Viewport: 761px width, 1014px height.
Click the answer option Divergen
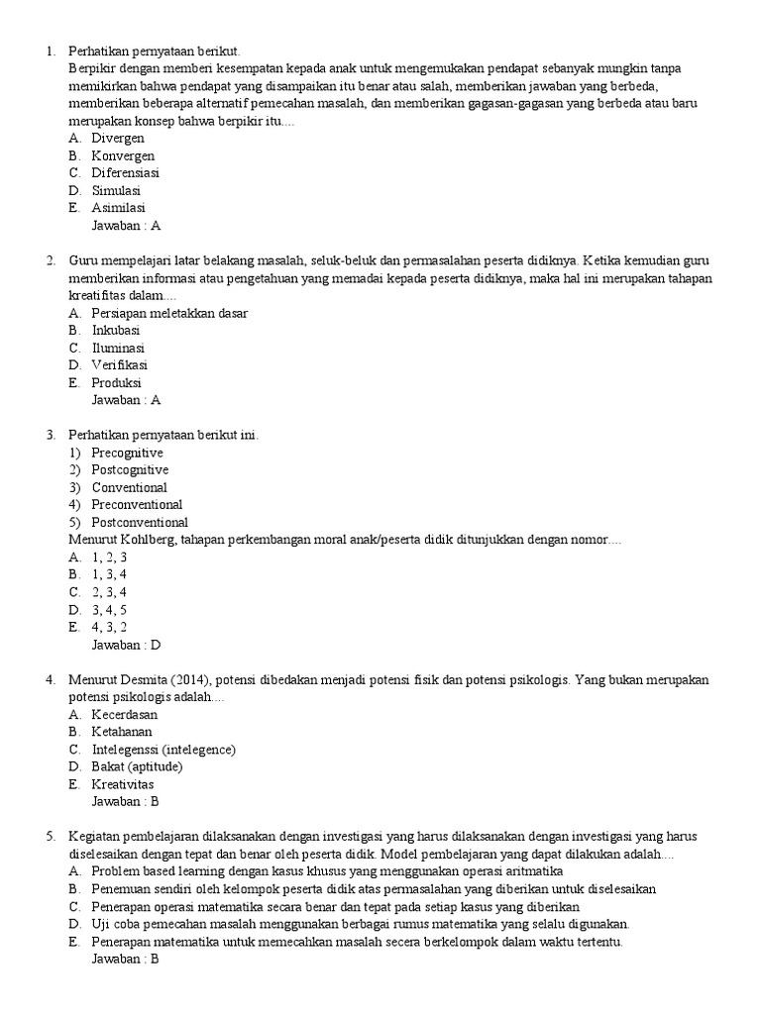pyautogui.click(x=118, y=139)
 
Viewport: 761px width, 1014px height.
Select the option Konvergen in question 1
pyautogui.click(x=123, y=155)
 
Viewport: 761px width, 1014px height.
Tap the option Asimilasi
pyautogui.click(x=119, y=208)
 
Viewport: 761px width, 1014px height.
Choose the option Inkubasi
pyautogui.click(x=116, y=331)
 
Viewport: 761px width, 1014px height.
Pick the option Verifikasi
pyautogui.click(x=120, y=365)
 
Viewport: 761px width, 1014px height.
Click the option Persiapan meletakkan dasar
pyautogui.click(x=169, y=313)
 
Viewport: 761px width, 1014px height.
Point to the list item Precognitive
pyautogui.click(x=128, y=453)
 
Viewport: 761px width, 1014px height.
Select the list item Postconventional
pyautogui.click(x=140, y=522)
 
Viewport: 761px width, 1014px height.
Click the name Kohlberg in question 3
pyautogui.click(x=148, y=540)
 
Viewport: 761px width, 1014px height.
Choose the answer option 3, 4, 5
pyautogui.click(x=109, y=609)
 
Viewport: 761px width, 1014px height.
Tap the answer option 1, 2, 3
pyautogui.click(x=109, y=558)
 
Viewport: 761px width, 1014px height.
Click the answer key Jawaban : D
pyautogui.click(x=126, y=645)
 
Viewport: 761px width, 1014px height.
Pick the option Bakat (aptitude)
pyautogui.click(x=138, y=766)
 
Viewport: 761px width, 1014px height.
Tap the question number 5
pyautogui.click(x=50, y=837)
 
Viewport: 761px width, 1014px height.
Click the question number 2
pyautogui.click(x=50, y=260)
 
